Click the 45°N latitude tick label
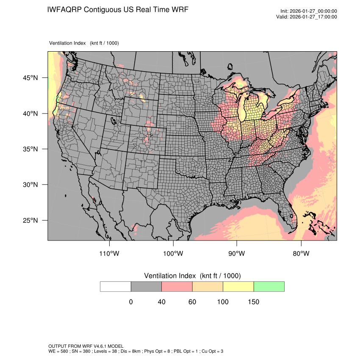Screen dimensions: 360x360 pyautogui.click(x=30, y=78)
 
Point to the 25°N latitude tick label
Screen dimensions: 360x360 pyautogui.click(x=30, y=220)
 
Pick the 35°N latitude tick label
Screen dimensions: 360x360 pyautogui.click(x=30, y=149)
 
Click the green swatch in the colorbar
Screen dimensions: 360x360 pyautogui.click(x=269, y=286)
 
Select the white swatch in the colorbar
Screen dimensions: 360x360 pyautogui.click(x=116, y=286)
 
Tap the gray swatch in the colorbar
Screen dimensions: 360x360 pyautogui.click(x=146, y=286)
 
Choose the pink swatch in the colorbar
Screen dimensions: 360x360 pyautogui.click(x=177, y=286)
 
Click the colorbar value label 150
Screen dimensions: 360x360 pyautogui.click(x=253, y=302)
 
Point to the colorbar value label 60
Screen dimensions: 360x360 pyautogui.click(x=192, y=302)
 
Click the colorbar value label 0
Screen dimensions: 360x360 pyautogui.click(x=131, y=302)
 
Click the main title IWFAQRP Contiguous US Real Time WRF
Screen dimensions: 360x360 pyautogui.click(x=118, y=10)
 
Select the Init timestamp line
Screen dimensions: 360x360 pyautogui.click(x=309, y=11)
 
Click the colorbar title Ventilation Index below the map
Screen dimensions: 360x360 pyautogui.click(x=192, y=276)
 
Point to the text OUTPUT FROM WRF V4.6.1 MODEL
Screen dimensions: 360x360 pyautogui.click(x=86, y=346)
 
